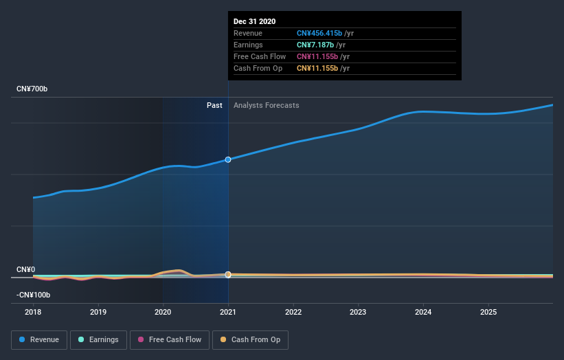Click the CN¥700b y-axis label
click(32, 89)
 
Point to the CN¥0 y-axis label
click(26, 270)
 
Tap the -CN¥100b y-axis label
click(34, 295)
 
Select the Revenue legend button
click(39, 339)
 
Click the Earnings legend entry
click(98, 339)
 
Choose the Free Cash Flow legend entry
click(169, 339)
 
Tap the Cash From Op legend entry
click(250, 339)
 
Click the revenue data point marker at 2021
click(228, 159)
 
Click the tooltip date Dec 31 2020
click(255, 21)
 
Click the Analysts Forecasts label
click(266, 105)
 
